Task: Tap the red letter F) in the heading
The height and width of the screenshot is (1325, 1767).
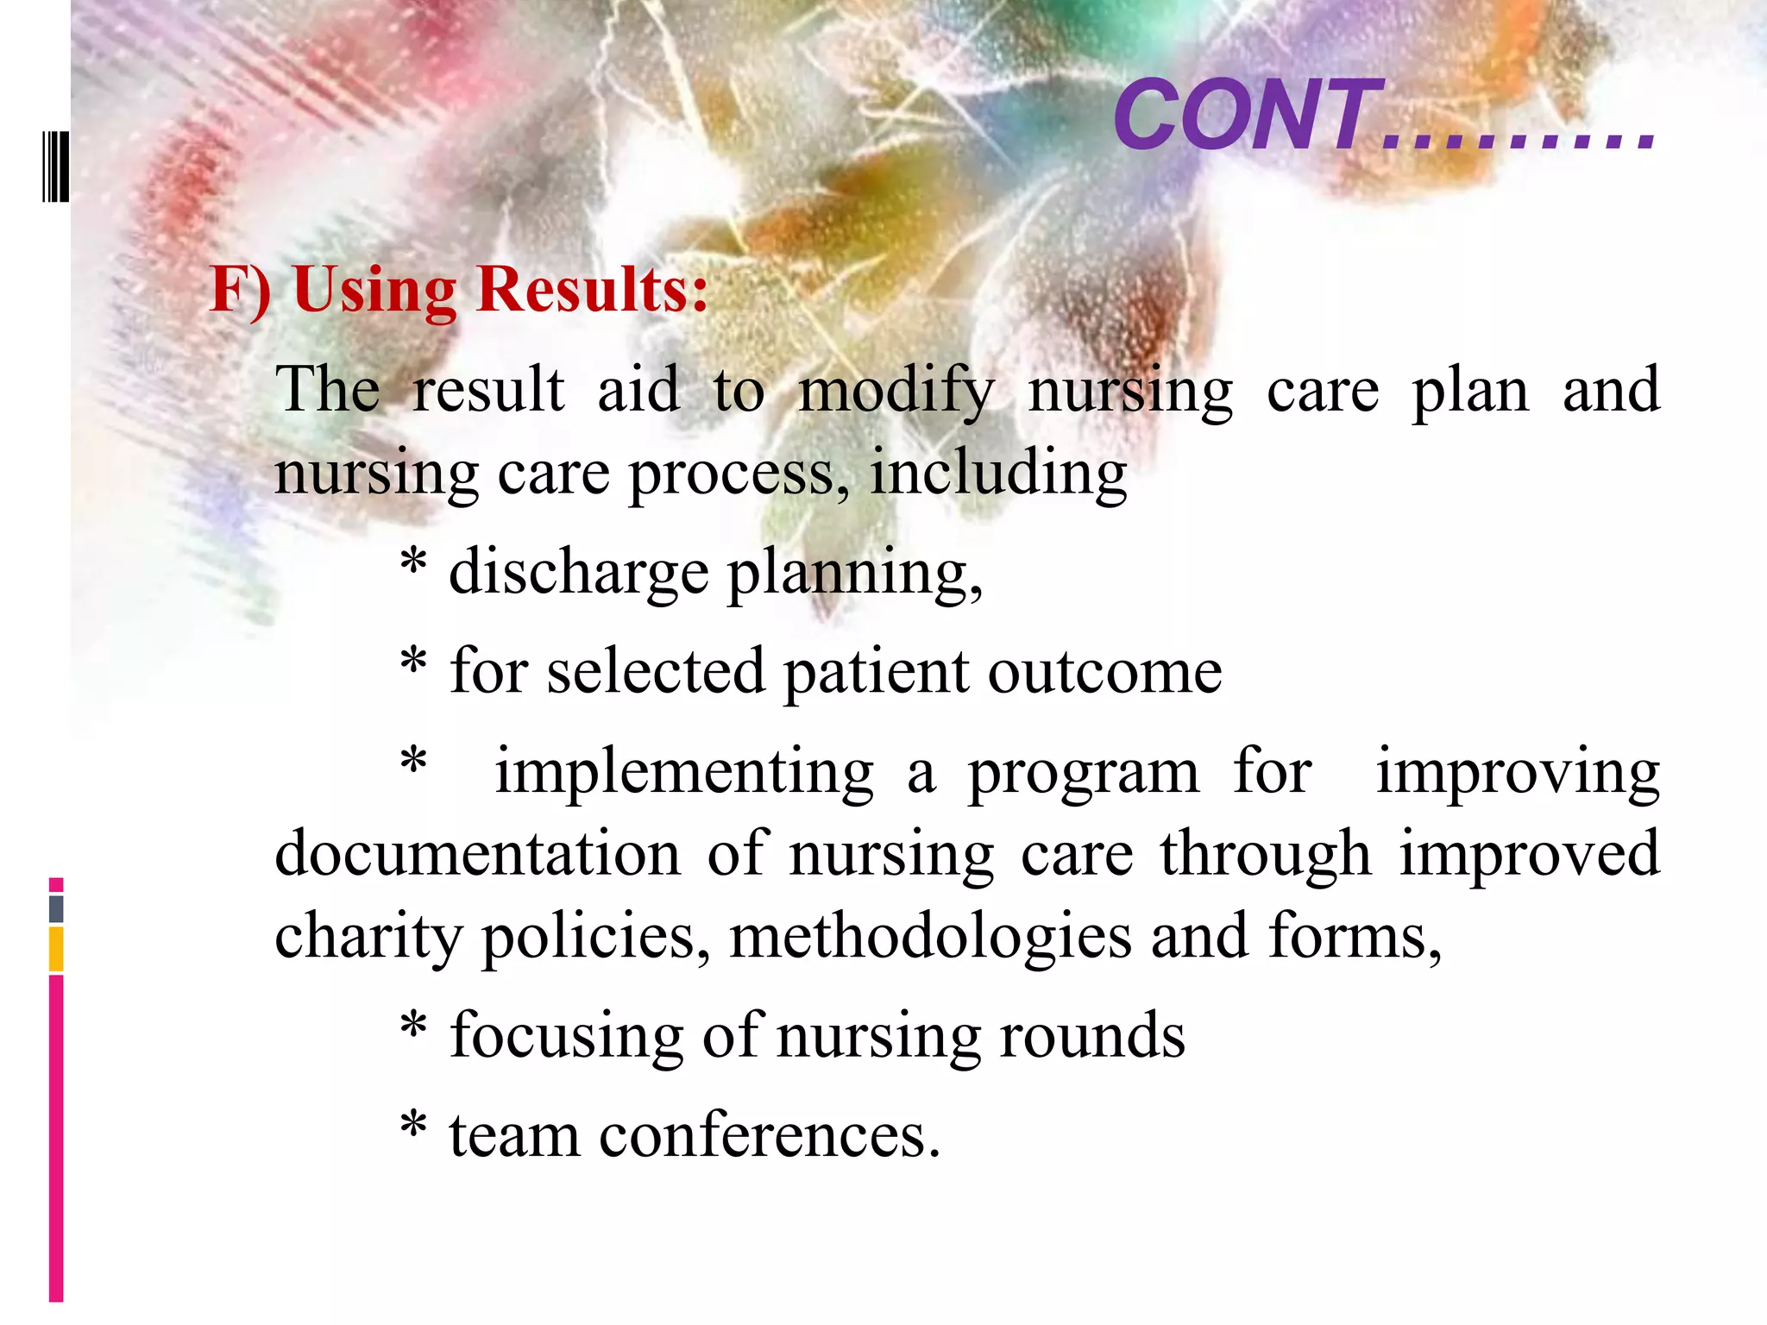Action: pyautogui.click(x=240, y=289)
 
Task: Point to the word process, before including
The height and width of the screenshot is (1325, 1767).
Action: pyautogui.click(x=739, y=474)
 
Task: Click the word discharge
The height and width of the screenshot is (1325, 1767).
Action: pyautogui.click(x=578, y=573)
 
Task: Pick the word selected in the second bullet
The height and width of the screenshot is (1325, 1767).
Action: pyautogui.click(x=656, y=671)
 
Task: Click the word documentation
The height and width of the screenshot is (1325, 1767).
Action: pyautogui.click(x=478, y=854)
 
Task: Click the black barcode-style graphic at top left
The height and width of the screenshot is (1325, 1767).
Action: pyautogui.click(x=55, y=166)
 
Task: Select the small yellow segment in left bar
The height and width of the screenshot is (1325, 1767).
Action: pyautogui.click(x=56, y=949)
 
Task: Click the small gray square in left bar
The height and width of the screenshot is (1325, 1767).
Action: pyautogui.click(x=56, y=908)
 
